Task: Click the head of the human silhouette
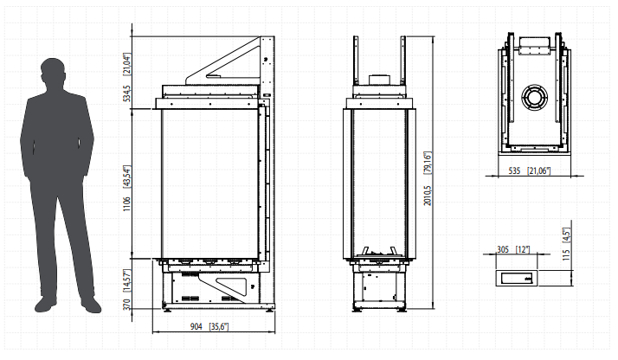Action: pyautogui.click(x=53, y=72)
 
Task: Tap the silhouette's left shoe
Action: pyautogui.click(x=45, y=304)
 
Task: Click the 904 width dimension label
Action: pyautogui.click(x=196, y=326)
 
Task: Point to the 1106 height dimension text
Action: pyautogui.click(x=126, y=203)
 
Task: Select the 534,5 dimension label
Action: pyautogui.click(x=126, y=93)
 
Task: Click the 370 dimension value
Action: pyautogui.click(x=126, y=304)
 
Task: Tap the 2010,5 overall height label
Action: pyautogui.click(x=428, y=196)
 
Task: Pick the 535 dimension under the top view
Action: pyautogui.click(x=514, y=171)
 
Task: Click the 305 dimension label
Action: pyautogui.click(x=503, y=250)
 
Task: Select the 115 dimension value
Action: pyautogui.click(x=566, y=254)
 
